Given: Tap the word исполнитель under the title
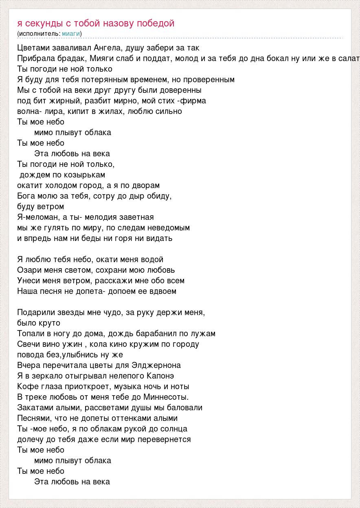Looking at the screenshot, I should tap(39, 33).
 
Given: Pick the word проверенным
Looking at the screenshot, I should tap(209, 79).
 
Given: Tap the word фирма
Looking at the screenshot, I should tap(193, 101).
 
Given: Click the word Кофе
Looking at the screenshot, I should tap(27, 386).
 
